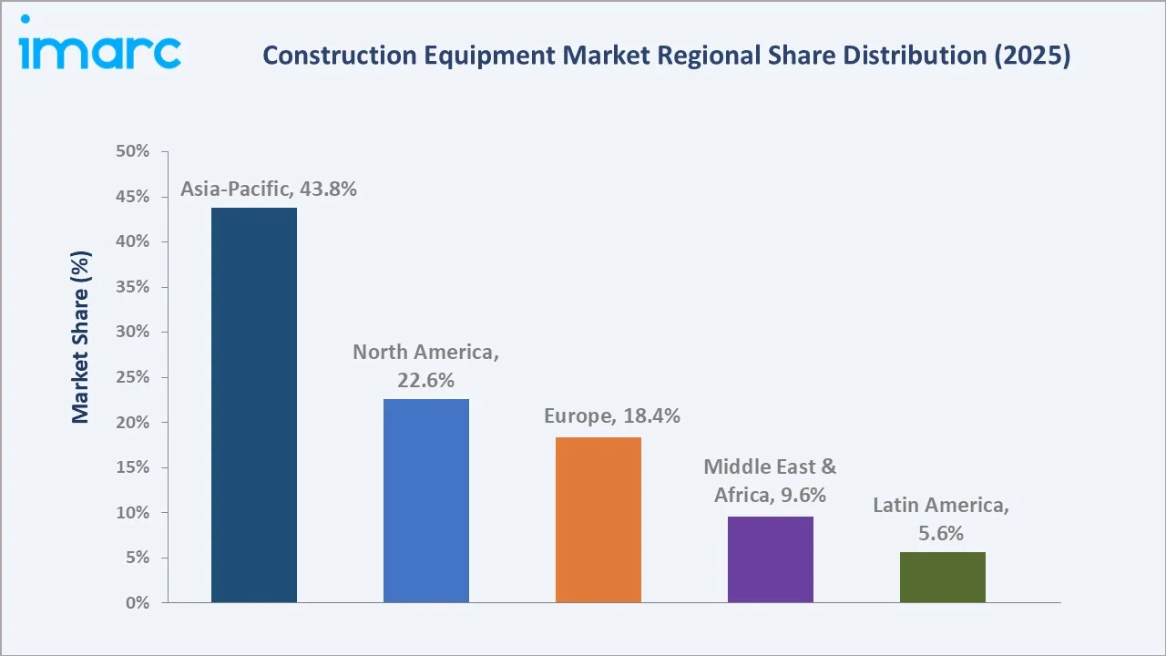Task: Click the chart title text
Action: (x=666, y=56)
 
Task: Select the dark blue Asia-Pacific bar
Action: (x=254, y=405)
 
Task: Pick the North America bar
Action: (x=426, y=500)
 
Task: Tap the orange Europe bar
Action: (x=598, y=519)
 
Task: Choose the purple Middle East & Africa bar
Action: (x=771, y=559)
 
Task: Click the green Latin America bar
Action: (x=943, y=577)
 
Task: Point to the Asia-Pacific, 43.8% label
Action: (x=269, y=190)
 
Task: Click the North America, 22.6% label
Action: (x=426, y=366)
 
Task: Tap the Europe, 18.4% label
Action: (x=612, y=416)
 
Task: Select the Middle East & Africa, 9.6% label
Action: (x=770, y=481)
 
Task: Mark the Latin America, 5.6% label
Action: (x=941, y=519)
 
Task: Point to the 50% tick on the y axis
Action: (x=133, y=151)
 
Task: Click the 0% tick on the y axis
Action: (x=138, y=603)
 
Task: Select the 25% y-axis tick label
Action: (x=133, y=377)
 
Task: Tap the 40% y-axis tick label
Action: (x=133, y=241)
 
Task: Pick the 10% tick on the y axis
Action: (x=133, y=513)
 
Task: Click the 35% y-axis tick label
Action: (x=133, y=287)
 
